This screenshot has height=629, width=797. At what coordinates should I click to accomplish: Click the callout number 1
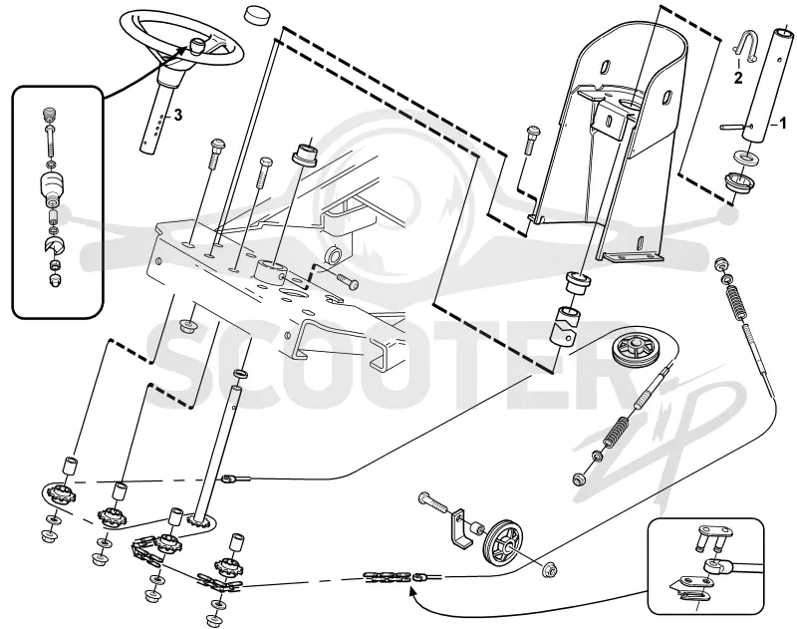point(783,122)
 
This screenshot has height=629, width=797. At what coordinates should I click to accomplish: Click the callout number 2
point(737,78)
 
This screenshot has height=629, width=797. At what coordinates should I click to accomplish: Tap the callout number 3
point(177,116)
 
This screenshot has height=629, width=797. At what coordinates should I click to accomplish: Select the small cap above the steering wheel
point(257,14)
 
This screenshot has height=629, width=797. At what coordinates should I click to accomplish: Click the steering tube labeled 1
point(768,86)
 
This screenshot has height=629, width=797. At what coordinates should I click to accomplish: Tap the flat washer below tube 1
point(745,157)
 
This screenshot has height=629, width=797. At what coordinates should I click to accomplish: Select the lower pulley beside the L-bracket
point(504,540)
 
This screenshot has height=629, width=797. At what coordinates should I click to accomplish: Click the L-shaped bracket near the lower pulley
point(460,529)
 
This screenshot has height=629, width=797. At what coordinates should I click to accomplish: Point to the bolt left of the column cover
point(530,139)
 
